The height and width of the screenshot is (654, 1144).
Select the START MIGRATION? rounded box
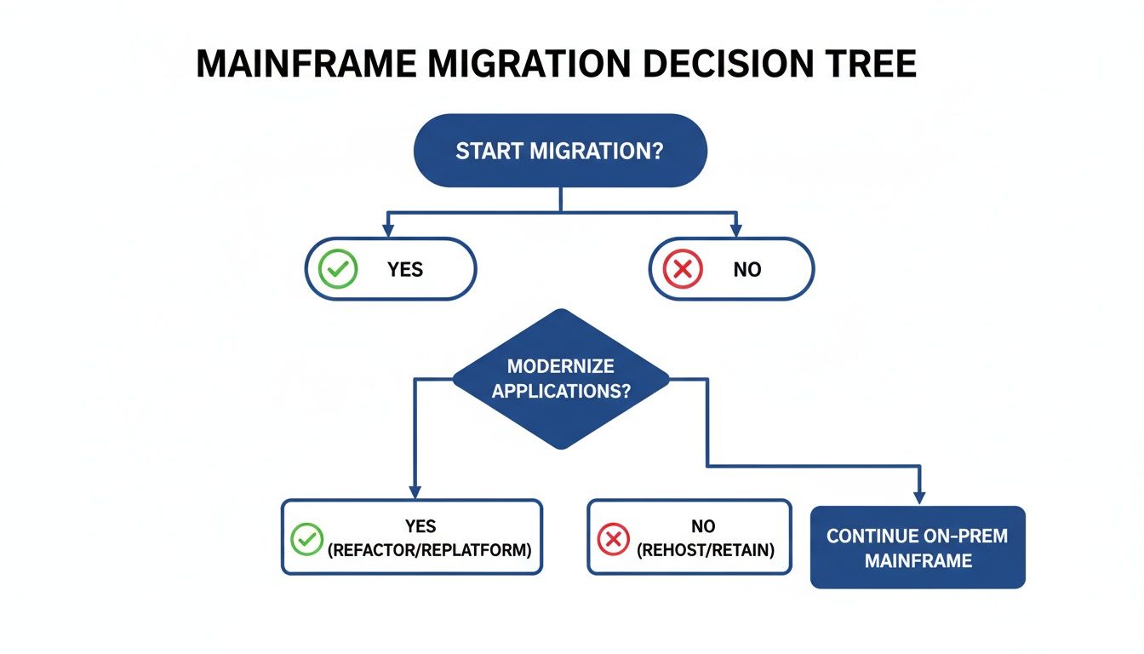click(x=560, y=152)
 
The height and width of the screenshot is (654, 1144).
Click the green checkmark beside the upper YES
click(x=337, y=269)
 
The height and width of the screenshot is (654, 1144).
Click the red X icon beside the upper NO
click(x=682, y=269)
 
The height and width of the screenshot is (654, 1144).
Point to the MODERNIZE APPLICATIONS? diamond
click(x=560, y=379)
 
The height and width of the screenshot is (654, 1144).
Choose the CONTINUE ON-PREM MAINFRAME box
click(x=917, y=548)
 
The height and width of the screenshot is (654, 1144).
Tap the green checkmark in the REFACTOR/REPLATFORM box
click(x=307, y=538)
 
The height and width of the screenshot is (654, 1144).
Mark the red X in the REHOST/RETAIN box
click(x=613, y=538)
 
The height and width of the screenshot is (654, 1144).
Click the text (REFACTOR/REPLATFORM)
click(x=429, y=550)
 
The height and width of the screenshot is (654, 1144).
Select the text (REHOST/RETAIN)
click(x=706, y=550)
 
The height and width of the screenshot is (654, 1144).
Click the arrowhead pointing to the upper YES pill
click(x=388, y=230)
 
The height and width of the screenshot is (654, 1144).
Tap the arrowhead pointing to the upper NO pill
click(x=735, y=230)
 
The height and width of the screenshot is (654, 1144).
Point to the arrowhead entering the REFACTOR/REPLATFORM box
click(x=415, y=491)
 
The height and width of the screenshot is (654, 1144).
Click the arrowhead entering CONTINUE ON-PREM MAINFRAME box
click(x=919, y=497)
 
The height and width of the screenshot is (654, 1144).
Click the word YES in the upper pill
click(x=405, y=270)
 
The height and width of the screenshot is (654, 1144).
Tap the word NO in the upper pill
click(x=746, y=270)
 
